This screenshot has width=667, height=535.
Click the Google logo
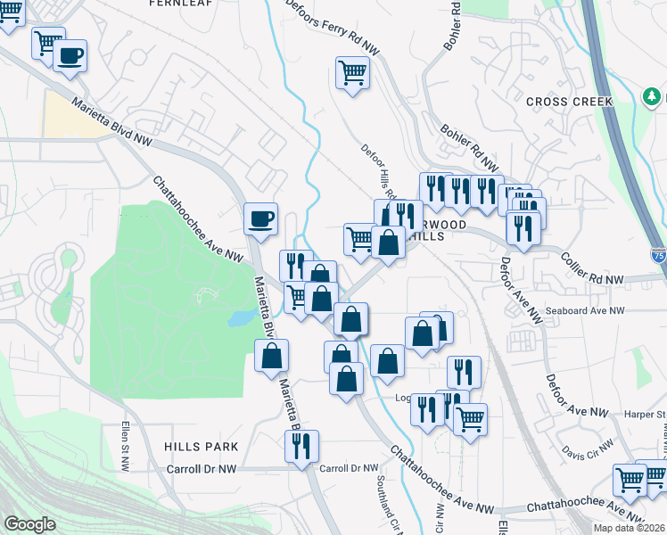29,524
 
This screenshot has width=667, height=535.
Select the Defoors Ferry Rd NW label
332,28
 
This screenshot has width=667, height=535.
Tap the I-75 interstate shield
657,254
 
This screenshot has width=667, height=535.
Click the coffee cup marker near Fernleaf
69,54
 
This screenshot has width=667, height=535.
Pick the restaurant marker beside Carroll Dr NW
301,445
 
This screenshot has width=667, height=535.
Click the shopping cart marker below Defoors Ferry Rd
352,71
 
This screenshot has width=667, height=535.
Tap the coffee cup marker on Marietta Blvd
261,218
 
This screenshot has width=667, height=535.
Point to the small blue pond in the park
239,318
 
